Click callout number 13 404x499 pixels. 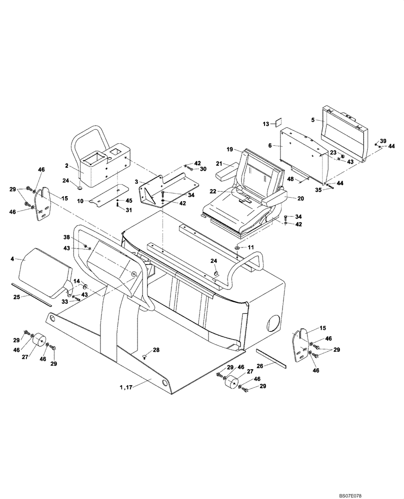point(266,123)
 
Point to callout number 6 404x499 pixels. point(270,145)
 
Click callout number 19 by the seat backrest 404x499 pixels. point(230,149)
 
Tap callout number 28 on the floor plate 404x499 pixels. point(156,350)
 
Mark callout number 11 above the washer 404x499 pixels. point(251,248)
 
